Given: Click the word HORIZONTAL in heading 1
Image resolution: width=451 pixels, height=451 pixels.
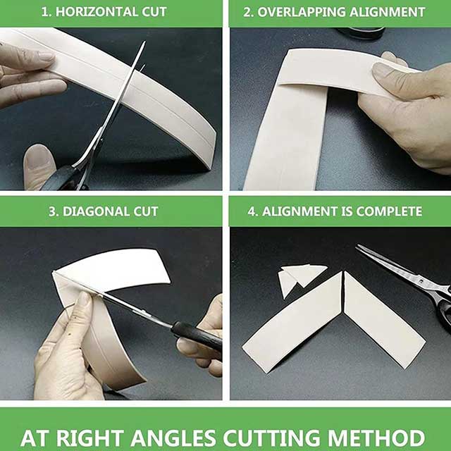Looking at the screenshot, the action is [97, 12].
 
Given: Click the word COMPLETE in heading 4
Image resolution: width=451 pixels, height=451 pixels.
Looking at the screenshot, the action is [389, 211].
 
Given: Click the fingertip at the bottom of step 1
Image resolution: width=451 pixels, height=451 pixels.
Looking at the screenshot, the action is [39, 166].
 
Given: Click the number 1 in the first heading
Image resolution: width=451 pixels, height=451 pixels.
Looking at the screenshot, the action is [44, 12].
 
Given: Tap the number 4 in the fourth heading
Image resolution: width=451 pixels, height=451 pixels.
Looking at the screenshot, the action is [252, 211].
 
